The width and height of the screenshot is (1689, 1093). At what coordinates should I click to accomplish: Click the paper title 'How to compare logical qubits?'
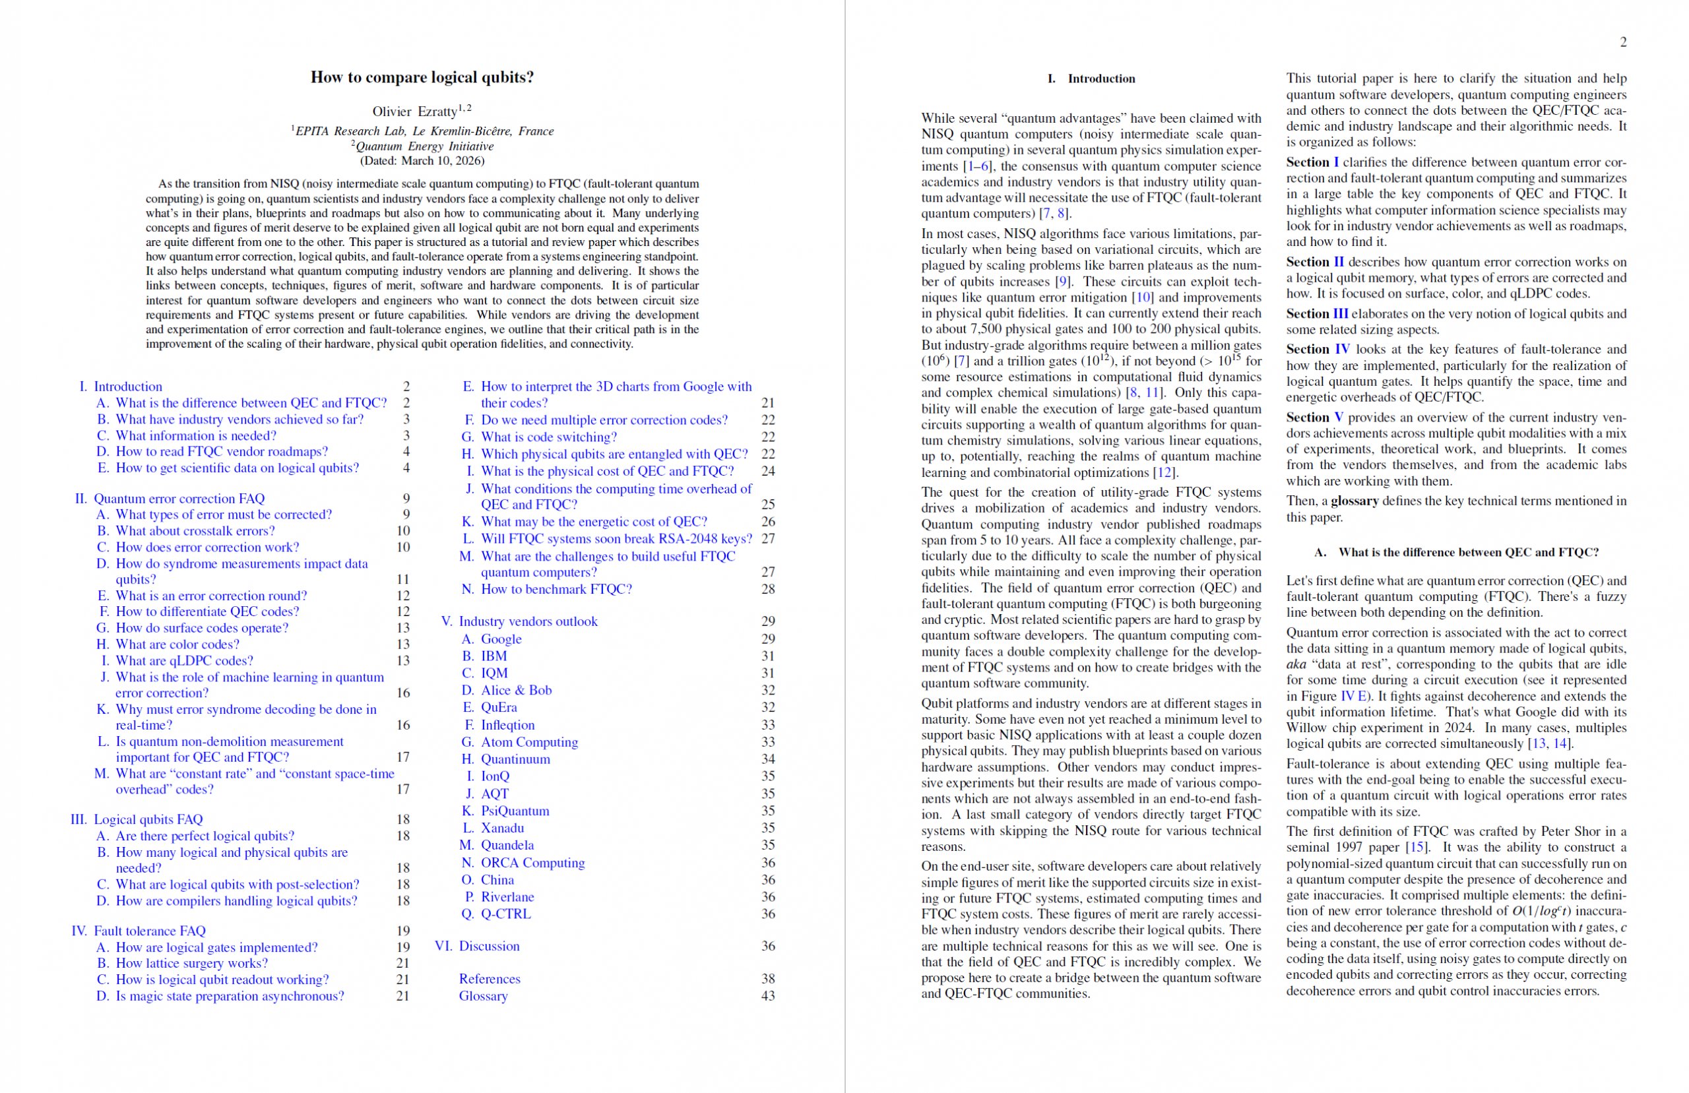pyautogui.click(x=422, y=77)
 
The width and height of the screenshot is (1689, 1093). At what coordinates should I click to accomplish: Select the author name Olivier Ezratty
pyautogui.click(x=414, y=111)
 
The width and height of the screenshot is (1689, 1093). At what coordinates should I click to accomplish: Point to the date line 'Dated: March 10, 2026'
pyautogui.click(x=422, y=160)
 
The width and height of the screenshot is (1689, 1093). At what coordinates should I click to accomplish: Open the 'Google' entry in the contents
pyautogui.click(x=501, y=639)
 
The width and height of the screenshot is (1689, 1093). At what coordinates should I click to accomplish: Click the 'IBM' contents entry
pyautogui.click(x=494, y=656)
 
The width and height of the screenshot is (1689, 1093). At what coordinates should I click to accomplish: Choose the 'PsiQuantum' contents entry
pyautogui.click(x=515, y=811)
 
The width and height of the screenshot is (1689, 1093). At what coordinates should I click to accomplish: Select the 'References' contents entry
pyautogui.click(x=489, y=979)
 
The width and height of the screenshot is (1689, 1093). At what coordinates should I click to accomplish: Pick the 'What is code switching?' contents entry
pyautogui.click(x=548, y=437)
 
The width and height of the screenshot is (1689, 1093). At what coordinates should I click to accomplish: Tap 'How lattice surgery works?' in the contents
pyautogui.click(x=191, y=963)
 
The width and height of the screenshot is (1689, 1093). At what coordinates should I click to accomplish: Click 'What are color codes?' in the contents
pyautogui.click(x=177, y=644)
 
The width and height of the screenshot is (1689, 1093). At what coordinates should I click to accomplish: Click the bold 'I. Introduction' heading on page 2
pyautogui.click(x=1100, y=78)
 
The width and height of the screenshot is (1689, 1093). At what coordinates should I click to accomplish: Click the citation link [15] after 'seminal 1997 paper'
pyautogui.click(x=1417, y=848)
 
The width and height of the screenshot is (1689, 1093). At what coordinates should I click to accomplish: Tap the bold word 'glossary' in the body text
pyautogui.click(x=1354, y=501)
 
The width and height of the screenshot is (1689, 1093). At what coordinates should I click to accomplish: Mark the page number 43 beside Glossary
pyautogui.click(x=768, y=996)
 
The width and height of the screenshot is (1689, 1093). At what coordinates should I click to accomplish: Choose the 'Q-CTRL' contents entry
pyautogui.click(x=505, y=914)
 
